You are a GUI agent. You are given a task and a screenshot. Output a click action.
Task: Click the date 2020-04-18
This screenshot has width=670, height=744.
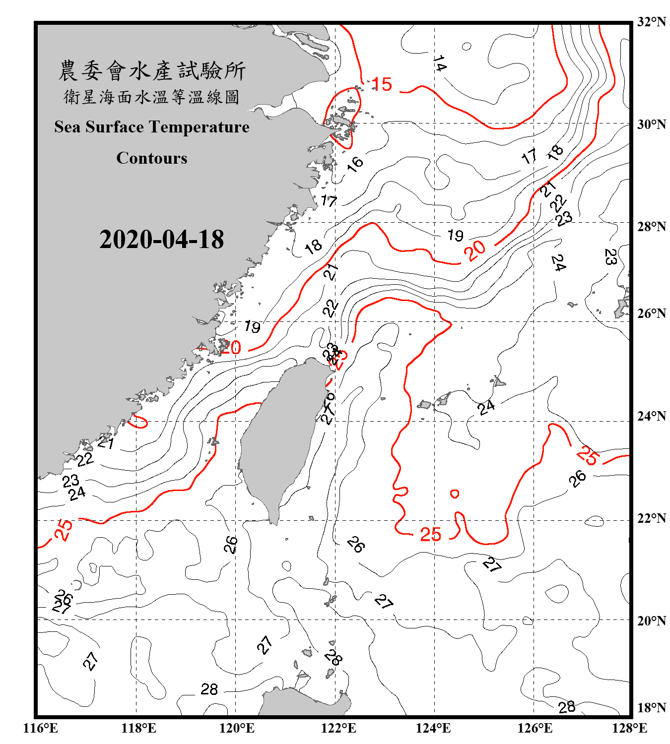161,240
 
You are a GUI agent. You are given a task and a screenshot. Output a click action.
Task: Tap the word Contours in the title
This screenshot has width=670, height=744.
152,158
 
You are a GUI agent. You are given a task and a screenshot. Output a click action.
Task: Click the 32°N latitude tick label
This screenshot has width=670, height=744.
652,22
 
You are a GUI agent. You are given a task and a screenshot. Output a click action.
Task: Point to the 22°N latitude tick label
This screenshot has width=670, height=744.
652,518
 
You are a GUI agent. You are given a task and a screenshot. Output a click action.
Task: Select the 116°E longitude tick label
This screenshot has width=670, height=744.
41,728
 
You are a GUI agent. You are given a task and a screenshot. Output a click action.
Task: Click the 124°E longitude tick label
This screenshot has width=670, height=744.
433,728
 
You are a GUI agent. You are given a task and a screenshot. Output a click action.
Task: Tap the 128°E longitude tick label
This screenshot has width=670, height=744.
629,728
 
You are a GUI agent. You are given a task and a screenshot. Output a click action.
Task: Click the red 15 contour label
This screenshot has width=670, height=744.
382,84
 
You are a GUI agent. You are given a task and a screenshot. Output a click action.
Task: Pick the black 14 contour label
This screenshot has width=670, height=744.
439,63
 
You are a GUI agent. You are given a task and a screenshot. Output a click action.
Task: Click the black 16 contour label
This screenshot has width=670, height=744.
355,163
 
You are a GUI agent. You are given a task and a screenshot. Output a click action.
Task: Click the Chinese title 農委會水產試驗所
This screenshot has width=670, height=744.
152,71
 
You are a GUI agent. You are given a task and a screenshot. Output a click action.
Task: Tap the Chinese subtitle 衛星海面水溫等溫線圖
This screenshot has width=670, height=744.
152,97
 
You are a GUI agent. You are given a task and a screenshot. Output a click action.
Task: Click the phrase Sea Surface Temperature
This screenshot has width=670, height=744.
152,127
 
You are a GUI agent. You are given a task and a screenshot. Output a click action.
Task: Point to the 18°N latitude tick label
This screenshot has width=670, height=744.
652,708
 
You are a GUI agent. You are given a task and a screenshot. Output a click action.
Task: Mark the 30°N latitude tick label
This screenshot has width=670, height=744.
652,124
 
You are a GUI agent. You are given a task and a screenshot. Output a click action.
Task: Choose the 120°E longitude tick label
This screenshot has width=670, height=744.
237,728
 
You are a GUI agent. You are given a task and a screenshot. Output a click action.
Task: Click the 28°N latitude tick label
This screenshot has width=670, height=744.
652,227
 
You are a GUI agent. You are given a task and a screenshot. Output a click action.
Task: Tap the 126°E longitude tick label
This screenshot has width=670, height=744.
535,728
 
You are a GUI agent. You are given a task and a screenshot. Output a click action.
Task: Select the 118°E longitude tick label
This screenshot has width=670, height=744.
138,728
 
